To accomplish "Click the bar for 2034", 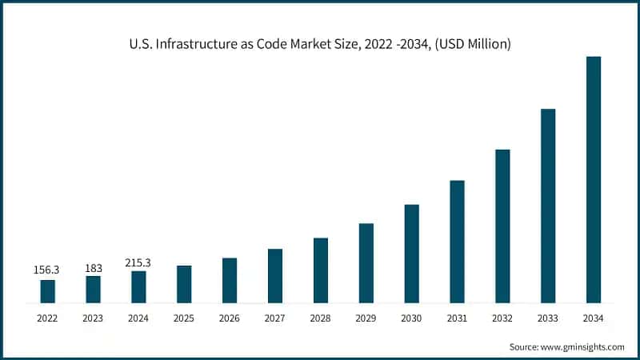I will (593, 180).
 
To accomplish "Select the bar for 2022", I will (48, 291).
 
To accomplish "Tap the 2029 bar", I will (366, 263).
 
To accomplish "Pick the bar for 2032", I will (502, 226).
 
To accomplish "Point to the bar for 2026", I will (230, 280).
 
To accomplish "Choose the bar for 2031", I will (457, 242).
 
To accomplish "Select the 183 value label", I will (94, 267).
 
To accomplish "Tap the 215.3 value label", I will (138, 262).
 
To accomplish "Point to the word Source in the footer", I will (525, 346).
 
